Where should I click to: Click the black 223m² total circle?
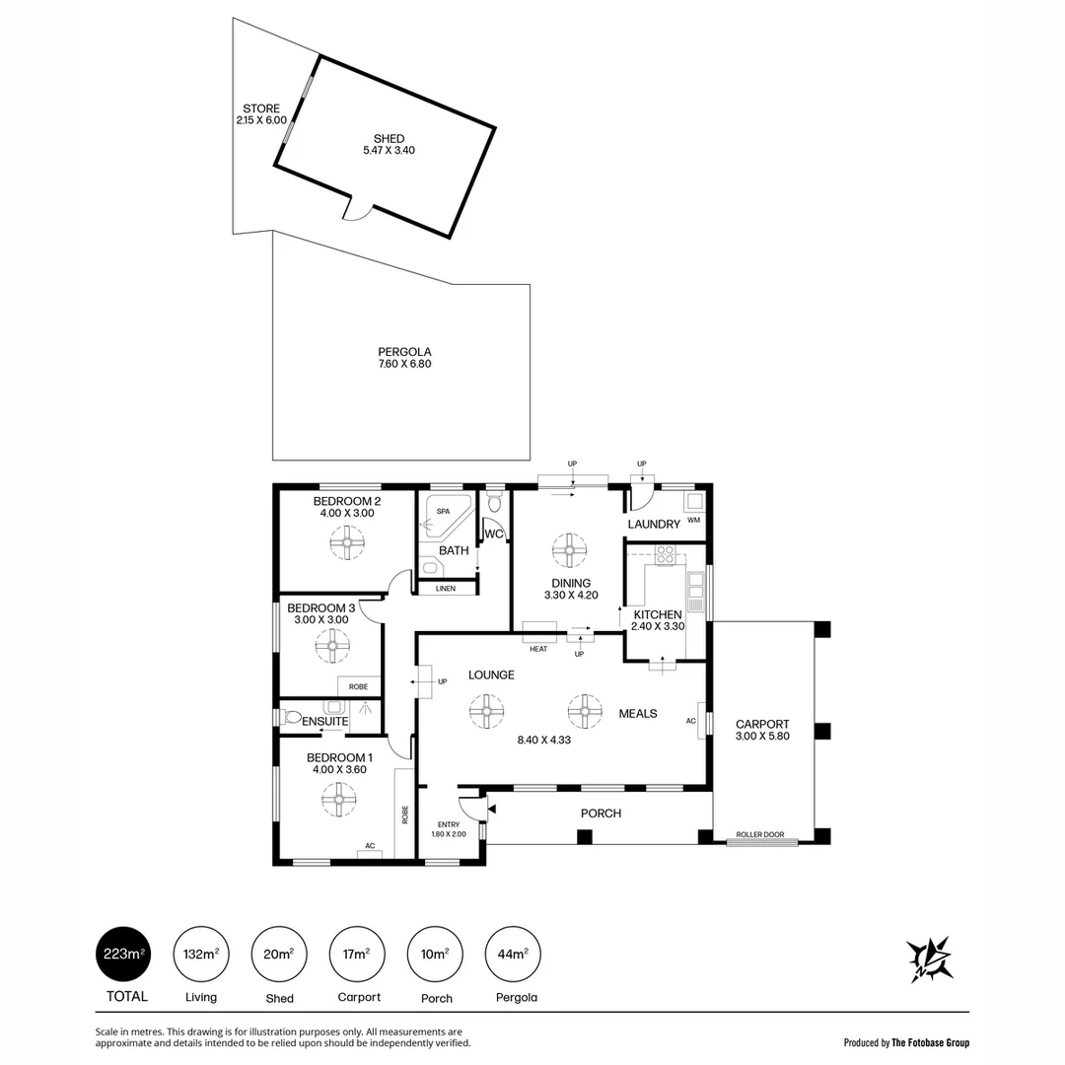(x=123, y=954)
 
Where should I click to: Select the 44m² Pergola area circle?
(x=514, y=954)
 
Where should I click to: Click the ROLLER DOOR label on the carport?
(x=762, y=835)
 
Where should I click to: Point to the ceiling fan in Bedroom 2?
(x=347, y=541)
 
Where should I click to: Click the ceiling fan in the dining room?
(x=569, y=551)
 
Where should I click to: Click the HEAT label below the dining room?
(x=538, y=649)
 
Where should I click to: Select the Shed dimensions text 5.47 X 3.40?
(x=389, y=151)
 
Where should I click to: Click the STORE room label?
(x=261, y=108)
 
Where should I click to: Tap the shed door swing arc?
(x=356, y=212)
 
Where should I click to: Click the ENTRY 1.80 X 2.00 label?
(x=448, y=828)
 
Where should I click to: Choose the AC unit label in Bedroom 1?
(x=370, y=846)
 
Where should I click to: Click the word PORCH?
(x=601, y=813)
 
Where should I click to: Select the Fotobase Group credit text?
(x=906, y=1042)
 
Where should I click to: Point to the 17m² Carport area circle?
(x=357, y=954)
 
